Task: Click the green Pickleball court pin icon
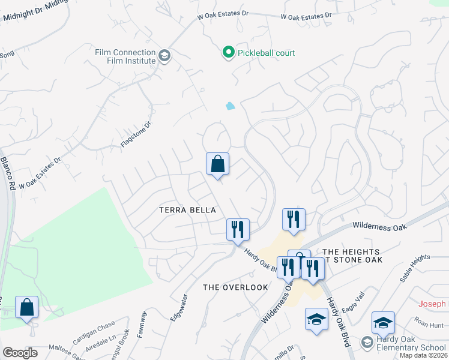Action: click(228, 53)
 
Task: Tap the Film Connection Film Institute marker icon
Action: click(164, 56)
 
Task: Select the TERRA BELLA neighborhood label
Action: click(187, 209)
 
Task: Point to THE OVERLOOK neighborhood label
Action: click(235, 287)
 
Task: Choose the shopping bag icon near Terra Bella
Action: click(217, 164)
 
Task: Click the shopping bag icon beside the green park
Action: click(26, 307)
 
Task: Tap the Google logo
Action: click(20, 353)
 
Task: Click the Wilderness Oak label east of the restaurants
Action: click(380, 226)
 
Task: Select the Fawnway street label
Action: click(142, 324)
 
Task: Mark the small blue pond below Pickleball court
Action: click(230, 107)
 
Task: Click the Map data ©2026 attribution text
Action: click(423, 355)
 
